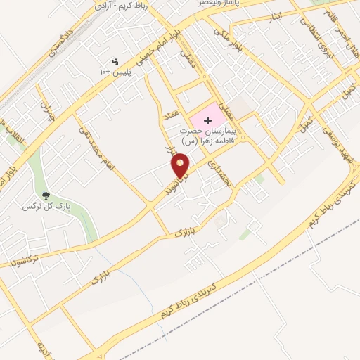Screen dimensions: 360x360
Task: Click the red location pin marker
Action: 181,165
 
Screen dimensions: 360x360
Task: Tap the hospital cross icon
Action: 207,120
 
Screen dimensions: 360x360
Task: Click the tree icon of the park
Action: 46,196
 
